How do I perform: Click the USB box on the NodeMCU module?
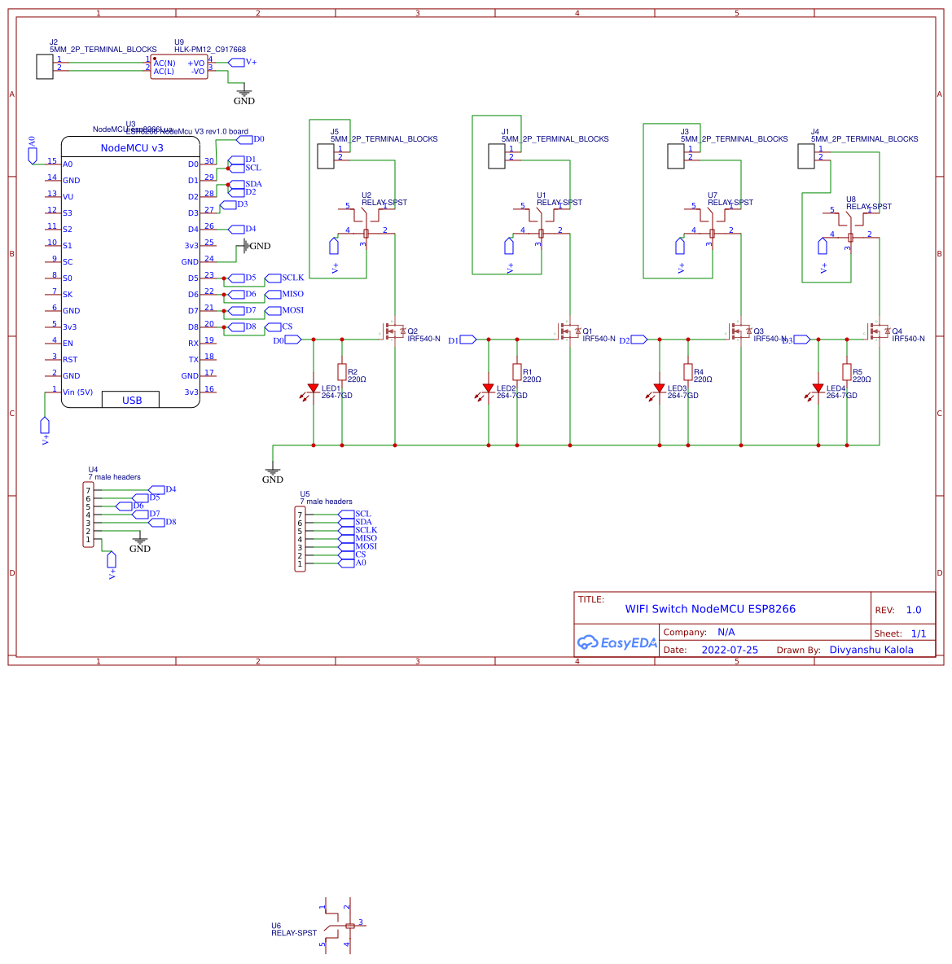coord(130,400)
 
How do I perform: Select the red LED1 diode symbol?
coord(313,388)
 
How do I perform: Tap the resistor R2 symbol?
coord(342,371)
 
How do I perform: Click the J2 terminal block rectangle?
coord(45,66)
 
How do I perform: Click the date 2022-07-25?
coord(729,650)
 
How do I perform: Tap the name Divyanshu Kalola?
coord(871,650)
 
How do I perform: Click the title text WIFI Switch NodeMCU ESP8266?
coord(709,609)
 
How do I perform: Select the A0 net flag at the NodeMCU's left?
coord(32,155)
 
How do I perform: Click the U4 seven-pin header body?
coord(89,515)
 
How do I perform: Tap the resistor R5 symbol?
coord(847,371)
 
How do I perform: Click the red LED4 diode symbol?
coord(818,388)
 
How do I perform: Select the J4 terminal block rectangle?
coord(806,156)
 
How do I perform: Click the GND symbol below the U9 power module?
coord(243,95)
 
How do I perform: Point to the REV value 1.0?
coord(913,610)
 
